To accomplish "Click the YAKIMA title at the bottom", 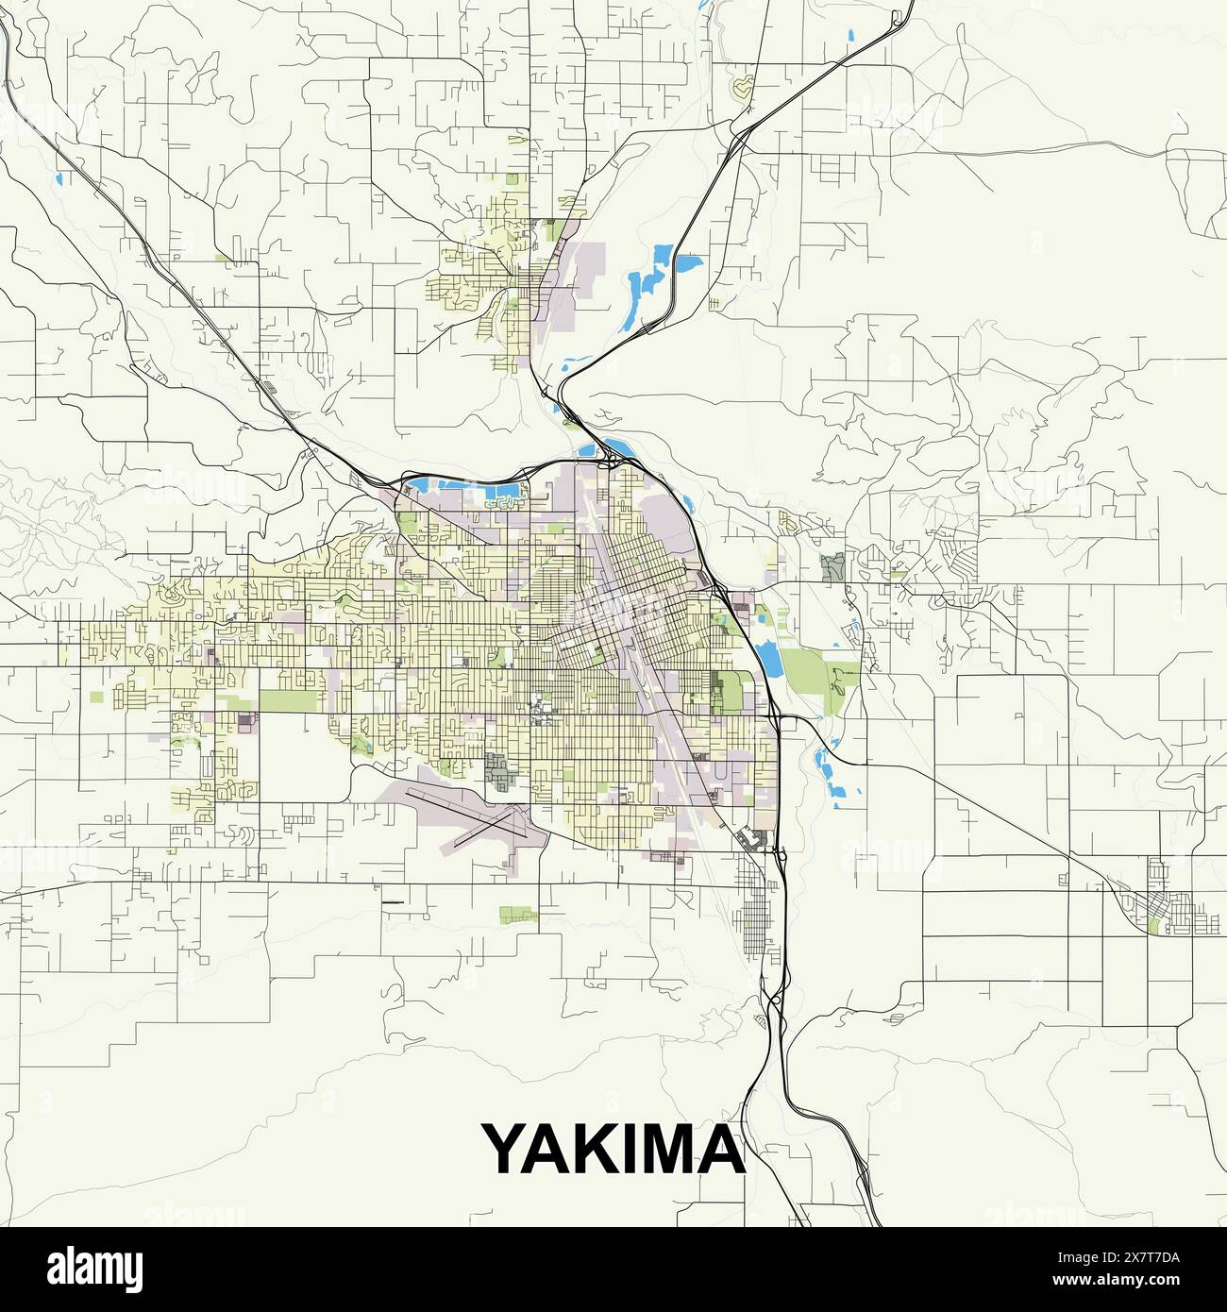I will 614,1149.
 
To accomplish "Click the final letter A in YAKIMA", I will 723,1149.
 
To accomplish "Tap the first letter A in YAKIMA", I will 552,1149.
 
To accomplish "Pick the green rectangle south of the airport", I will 516,913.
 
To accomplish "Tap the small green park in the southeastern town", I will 1154,927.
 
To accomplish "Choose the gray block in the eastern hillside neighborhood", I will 832,567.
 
